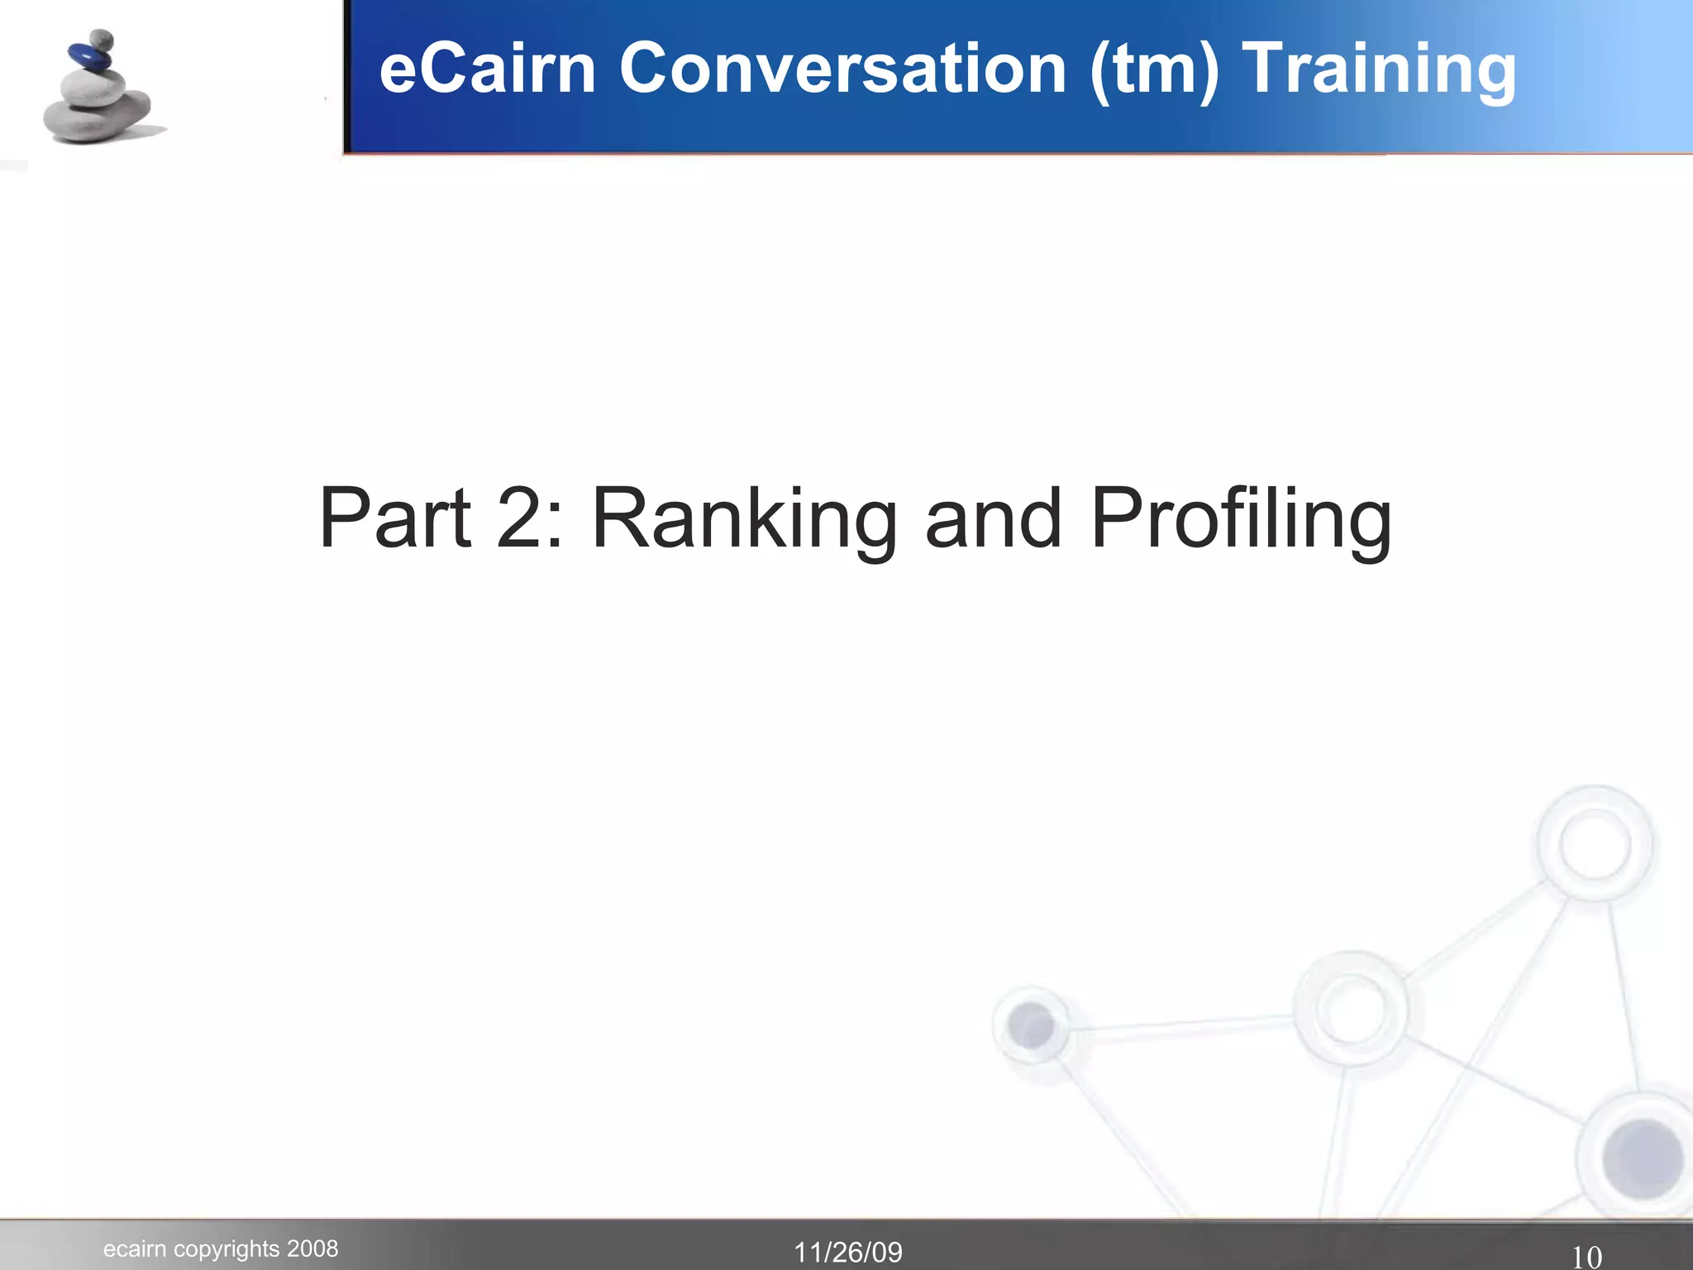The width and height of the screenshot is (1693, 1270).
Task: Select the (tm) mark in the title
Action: click(x=1154, y=69)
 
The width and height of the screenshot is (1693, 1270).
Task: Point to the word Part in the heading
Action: click(x=394, y=518)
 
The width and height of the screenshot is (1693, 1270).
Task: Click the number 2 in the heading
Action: click(x=527, y=518)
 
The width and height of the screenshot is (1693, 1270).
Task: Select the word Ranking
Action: click(x=745, y=518)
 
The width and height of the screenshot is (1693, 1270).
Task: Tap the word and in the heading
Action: click(x=993, y=518)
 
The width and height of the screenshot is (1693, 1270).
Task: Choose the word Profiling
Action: click(x=1241, y=518)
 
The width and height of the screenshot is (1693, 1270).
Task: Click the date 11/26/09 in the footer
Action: click(x=848, y=1253)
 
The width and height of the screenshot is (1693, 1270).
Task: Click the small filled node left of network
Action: click(x=1031, y=1025)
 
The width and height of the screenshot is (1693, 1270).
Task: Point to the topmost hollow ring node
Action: click(x=1594, y=844)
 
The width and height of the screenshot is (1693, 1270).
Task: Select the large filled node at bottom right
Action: click(x=1642, y=1158)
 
